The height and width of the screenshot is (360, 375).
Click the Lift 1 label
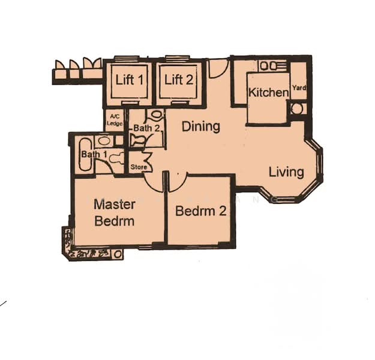click(x=130, y=80)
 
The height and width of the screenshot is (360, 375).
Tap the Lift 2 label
click(x=179, y=80)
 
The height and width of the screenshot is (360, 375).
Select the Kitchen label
click(x=269, y=92)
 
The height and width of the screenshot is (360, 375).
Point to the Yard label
click(x=299, y=88)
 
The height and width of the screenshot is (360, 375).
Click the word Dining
click(x=201, y=127)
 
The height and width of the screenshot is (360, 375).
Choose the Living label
click(x=286, y=172)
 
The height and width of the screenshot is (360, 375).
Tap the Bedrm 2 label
click(x=201, y=211)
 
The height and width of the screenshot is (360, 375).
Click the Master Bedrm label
click(x=115, y=212)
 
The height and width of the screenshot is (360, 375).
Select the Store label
click(x=139, y=167)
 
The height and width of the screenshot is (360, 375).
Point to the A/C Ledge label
click(x=115, y=120)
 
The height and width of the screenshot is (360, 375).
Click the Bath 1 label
click(x=94, y=154)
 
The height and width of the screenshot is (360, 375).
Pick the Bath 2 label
click(x=146, y=128)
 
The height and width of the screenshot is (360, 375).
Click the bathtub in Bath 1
click(x=85, y=155)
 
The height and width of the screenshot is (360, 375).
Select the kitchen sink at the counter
click(x=268, y=66)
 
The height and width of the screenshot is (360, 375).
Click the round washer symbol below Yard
click(x=297, y=109)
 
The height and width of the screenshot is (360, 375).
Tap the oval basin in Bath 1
click(x=104, y=140)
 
